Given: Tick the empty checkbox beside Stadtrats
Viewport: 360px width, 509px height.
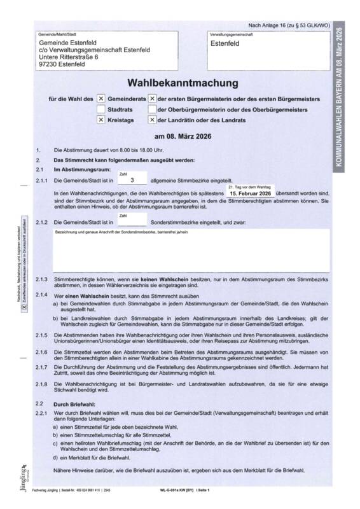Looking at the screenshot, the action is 100,109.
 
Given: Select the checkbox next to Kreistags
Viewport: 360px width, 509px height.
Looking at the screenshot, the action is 100,120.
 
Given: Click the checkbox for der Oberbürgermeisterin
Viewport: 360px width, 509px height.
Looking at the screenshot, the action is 152,109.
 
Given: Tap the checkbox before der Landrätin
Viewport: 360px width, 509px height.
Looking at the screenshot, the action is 152,120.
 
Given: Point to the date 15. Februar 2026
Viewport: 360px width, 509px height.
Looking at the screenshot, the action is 250,193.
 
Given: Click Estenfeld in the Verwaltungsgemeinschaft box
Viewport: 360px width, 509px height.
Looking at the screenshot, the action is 227,44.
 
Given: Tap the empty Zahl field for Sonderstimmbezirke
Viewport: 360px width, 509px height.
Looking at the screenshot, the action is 132,222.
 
